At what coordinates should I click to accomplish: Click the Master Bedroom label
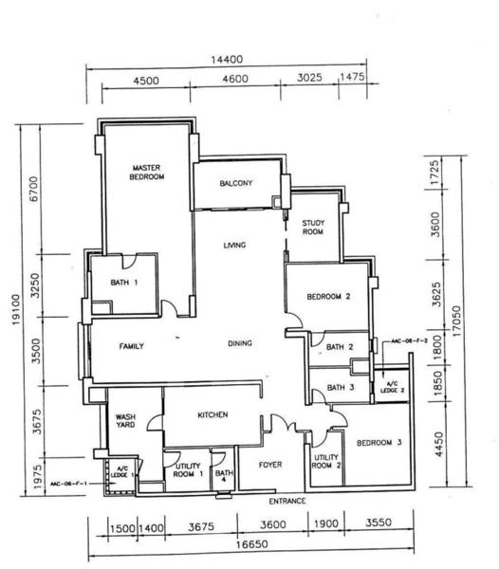(x=147, y=173)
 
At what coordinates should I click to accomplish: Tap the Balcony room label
(x=236, y=183)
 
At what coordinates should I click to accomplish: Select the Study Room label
(x=313, y=228)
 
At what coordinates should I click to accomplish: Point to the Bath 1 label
(x=124, y=283)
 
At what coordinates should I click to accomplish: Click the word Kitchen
(x=213, y=414)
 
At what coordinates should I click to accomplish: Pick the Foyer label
(x=270, y=465)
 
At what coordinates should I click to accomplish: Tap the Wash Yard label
(x=125, y=420)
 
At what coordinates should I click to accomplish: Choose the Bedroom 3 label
(x=379, y=443)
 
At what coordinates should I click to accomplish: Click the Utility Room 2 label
(x=326, y=461)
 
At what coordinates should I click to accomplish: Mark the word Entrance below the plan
(x=287, y=501)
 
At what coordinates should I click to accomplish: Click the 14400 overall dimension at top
(x=227, y=60)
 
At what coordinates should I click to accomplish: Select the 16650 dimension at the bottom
(x=251, y=544)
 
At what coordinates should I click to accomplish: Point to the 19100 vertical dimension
(x=16, y=309)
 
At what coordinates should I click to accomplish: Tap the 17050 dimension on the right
(x=456, y=321)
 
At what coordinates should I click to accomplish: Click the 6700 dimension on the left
(x=34, y=189)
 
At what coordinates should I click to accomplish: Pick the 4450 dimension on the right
(x=438, y=444)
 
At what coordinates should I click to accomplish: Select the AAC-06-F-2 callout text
(x=409, y=341)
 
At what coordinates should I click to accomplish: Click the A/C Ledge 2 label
(x=393, y=387)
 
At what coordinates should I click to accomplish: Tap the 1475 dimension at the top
(x=352, y=77)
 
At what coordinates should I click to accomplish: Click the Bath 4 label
(x=224, y=476)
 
